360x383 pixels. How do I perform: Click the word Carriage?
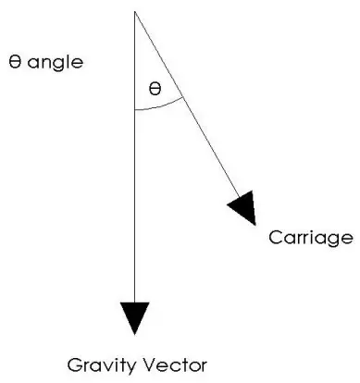click(x=311, y=238)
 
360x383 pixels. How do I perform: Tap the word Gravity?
click(x=101, y=364)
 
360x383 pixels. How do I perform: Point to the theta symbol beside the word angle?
click(x=12, y=63)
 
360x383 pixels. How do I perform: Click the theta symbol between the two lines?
click(x=155, y=91)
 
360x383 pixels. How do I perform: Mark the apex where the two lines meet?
click(x=135, y=11)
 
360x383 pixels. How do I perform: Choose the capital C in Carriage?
click(x=275, y=238)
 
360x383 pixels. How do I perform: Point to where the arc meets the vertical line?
click(x=135, y=110)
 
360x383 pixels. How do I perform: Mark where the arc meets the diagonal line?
click(x=180, y=95)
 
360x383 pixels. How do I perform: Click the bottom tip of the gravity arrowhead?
click(x=135, y=334)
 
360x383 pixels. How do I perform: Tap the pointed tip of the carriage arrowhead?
click(x=254, y=224)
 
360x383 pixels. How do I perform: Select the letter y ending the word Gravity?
click(x=129, y=365)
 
